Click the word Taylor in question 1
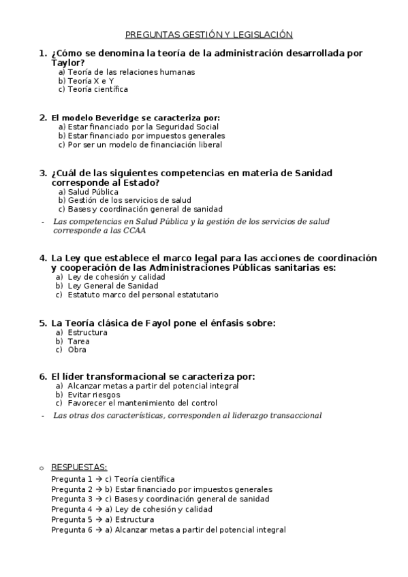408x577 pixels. [67, 63]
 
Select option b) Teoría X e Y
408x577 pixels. [86, 80]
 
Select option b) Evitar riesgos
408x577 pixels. [88, 394]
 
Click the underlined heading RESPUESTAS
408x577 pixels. [79, 467]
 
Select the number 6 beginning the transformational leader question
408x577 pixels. [42, 376]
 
